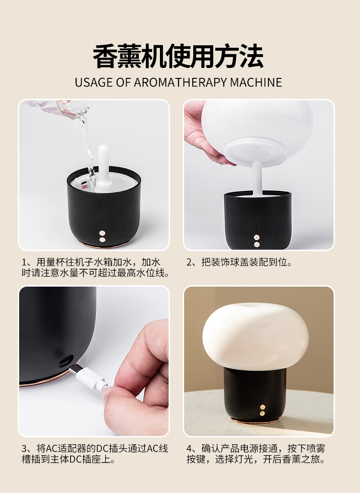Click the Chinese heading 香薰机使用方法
[x=178, y=56]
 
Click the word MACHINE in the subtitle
[x=256, y=82]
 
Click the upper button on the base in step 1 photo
[x=102, y=233]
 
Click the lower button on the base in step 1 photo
[x=102, y=240]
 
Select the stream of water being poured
[x=87, y=148]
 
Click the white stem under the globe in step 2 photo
[x=257, y=179]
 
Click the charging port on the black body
[x=66, y=361]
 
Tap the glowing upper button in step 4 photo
[x=262, y=407]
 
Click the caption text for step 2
[x=239, y=262]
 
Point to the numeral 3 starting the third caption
[x=24, y=449]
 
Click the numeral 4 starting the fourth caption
[x=189, y=449]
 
